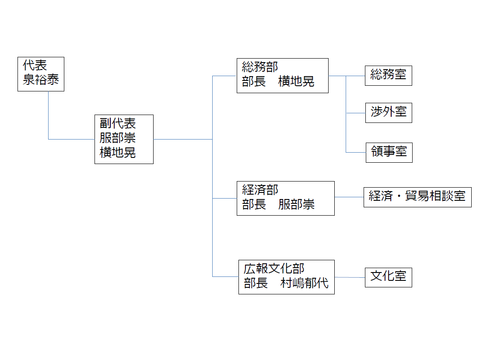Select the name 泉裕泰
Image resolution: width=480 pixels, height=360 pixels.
point(41,80)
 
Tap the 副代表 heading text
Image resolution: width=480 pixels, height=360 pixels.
point(118,124)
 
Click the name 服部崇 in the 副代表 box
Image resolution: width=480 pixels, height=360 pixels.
point(118,138)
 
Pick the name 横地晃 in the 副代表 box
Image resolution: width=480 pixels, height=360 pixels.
point(118,153)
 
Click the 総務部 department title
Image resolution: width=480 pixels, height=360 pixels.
point(260,67)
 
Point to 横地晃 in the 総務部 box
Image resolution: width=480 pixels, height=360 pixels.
point(296,81)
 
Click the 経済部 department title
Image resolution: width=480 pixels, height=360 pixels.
point(260,190)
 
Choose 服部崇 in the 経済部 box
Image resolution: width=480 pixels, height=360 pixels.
point(296,204)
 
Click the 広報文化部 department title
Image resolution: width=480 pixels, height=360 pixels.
point(274,269)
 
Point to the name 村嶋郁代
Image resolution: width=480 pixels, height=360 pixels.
point(304,283)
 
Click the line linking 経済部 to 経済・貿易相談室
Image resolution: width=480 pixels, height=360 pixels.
point(349,197)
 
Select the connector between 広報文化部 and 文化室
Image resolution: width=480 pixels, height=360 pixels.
point(350,277)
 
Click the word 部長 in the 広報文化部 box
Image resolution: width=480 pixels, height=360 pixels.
point(256,283)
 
